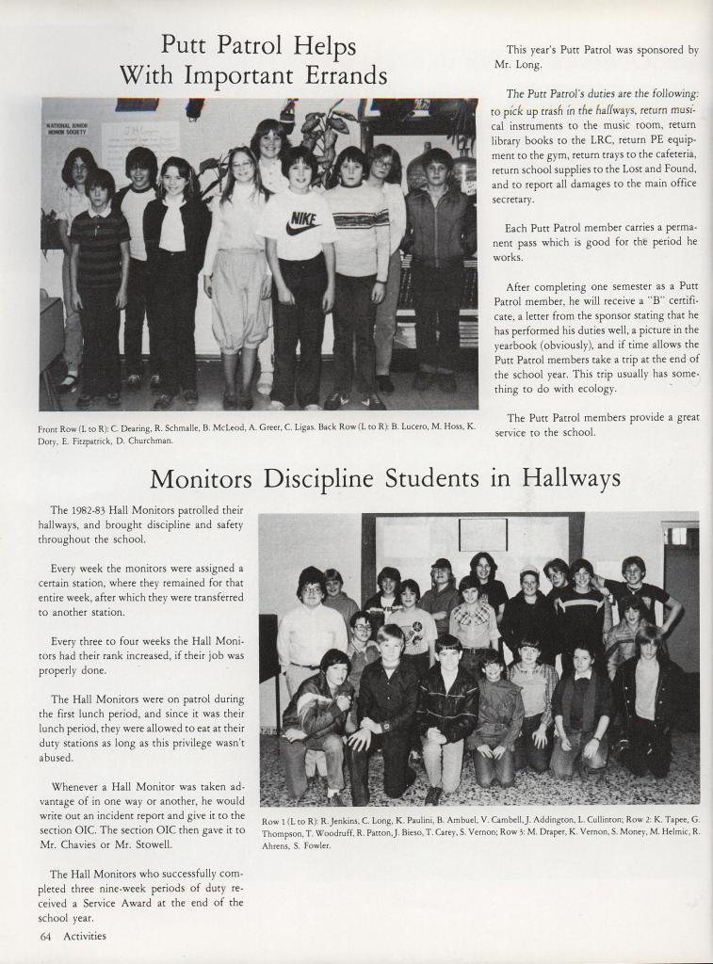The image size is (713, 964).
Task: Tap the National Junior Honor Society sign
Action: pos(68,128)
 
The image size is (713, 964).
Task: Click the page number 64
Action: pos(45,936)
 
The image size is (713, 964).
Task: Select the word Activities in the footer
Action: pos(85,936)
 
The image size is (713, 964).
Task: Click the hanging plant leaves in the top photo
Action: pos(325,127)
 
